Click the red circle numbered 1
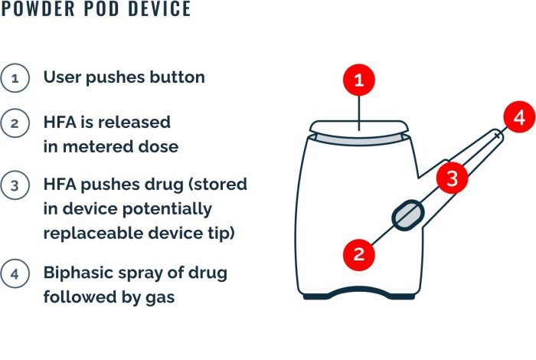coord(359,80)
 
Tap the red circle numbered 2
coord(359,255)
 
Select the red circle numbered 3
coord(453,178)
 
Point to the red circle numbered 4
coord(519,117)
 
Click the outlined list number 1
coord(15,78)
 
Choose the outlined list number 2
coord(15,123)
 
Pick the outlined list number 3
coord(15,185)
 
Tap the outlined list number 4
coord(15,274)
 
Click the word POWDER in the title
coord(38,8)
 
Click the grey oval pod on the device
coord(408,215)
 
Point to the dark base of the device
coord(359,293)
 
